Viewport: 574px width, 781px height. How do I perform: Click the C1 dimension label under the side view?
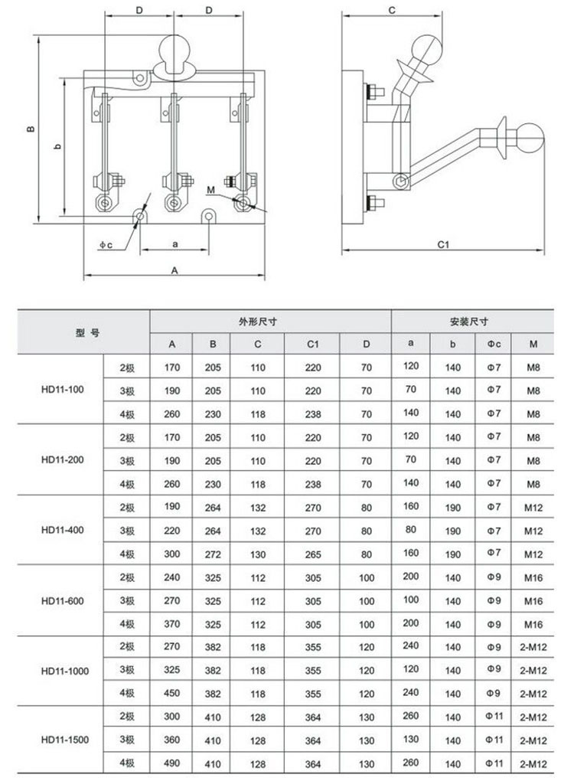coord(442,244)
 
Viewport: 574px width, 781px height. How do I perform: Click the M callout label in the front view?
coord(211,189)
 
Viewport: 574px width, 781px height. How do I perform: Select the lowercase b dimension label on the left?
coord(58,147)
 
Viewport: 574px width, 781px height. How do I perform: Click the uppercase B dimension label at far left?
coord(29,129)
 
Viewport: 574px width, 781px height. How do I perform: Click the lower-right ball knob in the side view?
coord(528,139)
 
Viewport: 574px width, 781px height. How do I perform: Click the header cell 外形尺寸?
coord(269,322)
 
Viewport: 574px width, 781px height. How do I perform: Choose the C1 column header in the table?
coord(312,345)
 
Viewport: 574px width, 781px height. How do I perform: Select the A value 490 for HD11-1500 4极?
coord(172,764)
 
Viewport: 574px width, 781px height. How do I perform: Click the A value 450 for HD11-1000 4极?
coord(172,694)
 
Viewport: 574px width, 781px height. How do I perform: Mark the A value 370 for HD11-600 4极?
coord(172,624)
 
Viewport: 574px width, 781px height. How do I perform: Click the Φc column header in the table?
coord(494,345)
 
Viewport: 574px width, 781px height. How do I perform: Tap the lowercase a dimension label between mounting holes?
coord(174,243)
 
